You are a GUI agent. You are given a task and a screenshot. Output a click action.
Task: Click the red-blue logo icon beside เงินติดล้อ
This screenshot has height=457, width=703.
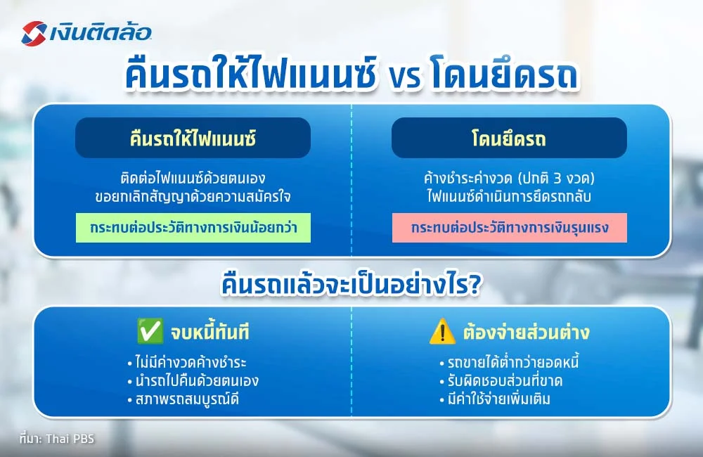tap(34, 33)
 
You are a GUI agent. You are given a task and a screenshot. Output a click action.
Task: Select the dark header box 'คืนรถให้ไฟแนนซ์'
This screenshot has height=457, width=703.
tap(193, 138)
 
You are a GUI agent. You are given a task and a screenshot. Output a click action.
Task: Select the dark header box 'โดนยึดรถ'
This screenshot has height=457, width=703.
tap(509, 138)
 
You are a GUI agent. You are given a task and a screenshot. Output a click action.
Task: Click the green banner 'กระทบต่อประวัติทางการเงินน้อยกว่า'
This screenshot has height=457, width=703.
tap(193, 229)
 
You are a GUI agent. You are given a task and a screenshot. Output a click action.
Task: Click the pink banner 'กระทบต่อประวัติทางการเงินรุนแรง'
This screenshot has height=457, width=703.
tap(509, 229)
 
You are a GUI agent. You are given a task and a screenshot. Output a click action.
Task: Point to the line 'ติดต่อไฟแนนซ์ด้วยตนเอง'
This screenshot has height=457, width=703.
tap(193, 178)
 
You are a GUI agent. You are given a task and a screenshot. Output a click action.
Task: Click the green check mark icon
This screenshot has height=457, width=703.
tap(148, 331)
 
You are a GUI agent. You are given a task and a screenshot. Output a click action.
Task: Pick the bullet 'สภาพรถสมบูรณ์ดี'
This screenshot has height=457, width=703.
tap(184, 399)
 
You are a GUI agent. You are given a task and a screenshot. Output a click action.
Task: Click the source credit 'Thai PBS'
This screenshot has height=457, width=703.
tap(70, 439)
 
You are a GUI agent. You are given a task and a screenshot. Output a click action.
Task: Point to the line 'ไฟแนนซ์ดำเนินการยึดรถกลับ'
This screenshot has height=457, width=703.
tap(509, 197)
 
